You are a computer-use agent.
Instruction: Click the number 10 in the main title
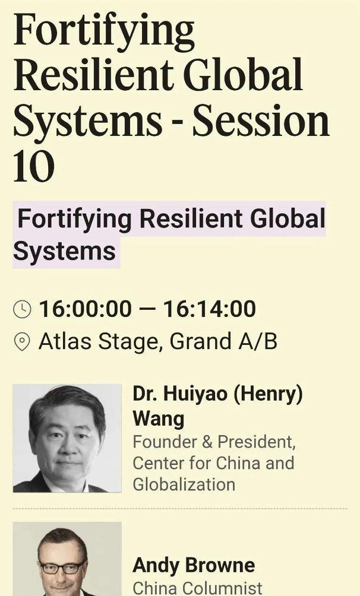(x=34, y=166)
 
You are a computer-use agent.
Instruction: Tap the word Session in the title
(x=261, y=120)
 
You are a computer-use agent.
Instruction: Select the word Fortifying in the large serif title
(x=104, y=32)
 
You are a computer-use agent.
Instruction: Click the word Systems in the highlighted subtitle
(x=64, y=251)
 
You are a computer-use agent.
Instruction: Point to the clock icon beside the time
(x=22, y=309)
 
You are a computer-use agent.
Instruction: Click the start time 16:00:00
(x=85, y=308)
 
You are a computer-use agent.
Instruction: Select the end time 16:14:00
(x=210, y=308)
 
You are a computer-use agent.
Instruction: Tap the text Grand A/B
(x=223, y=341)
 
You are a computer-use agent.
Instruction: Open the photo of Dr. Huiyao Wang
(x=67, y=438)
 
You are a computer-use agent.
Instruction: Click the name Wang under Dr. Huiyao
(x=158, y=419)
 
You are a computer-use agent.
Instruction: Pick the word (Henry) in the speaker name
(x=267, y=394)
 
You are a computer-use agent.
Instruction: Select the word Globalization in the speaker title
(x=184, y=484)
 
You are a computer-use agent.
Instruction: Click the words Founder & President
(x=214, y=442)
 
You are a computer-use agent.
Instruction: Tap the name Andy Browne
(x=194, y=565)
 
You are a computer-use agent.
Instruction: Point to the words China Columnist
(x=197, y=588)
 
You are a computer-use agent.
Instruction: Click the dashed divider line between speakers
(x=180, y=508)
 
